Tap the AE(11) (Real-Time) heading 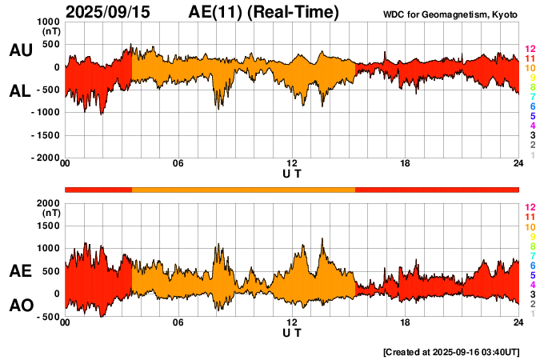click(264, 12)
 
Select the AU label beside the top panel click(20, 50)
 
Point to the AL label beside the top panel click(20, 91)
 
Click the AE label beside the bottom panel click(20, 271)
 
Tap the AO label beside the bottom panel click(20, 306)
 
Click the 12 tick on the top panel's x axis click(292, 165)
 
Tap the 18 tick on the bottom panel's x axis click(406, 323)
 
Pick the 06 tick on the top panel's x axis click(178, 165)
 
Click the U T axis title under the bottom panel click(292, 333)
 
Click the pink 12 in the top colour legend click(530, 49)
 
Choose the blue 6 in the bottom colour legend click(531, 265)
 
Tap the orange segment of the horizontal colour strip click(243, 189)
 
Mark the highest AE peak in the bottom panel click(322, 238)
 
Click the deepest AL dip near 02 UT click(102, 114)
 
